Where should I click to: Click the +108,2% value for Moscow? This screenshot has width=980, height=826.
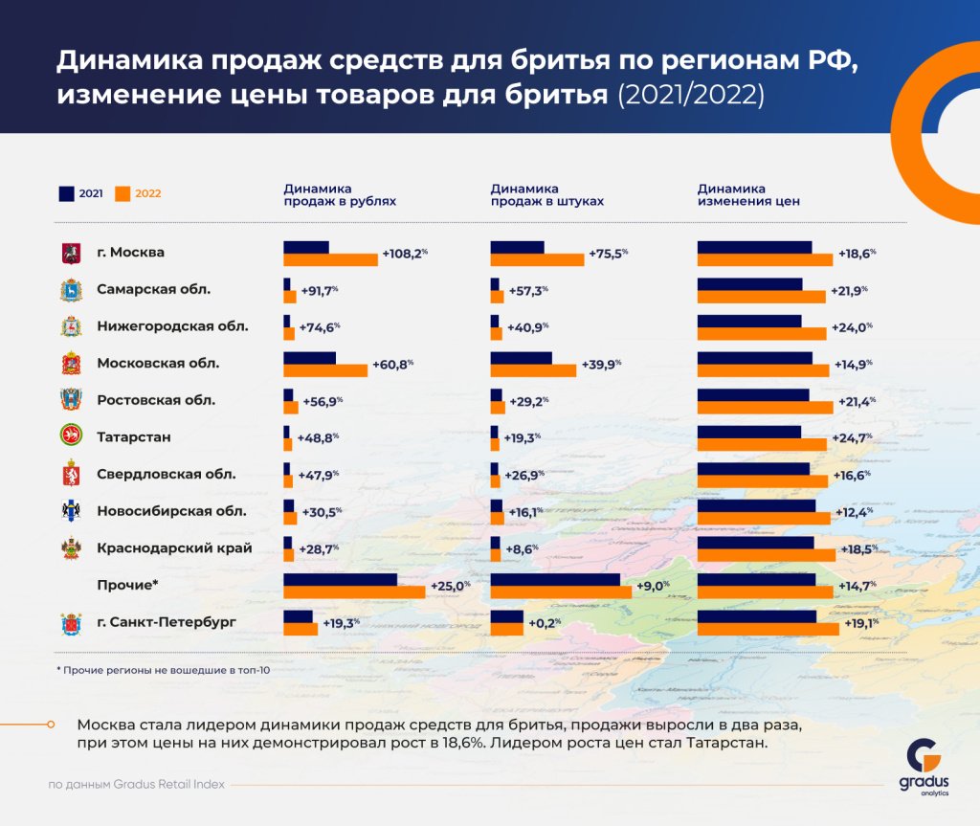tap(404, 254)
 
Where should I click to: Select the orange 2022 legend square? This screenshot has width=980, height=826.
tap(122, 193)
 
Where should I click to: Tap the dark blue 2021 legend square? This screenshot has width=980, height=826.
tap(67, 193)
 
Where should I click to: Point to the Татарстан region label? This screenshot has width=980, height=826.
tap(134, 436)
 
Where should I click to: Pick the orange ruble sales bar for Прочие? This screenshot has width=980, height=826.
tap(354, 592)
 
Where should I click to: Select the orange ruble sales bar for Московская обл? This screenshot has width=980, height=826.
tap(325, 370)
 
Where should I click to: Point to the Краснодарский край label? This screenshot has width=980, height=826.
tap(174, 548)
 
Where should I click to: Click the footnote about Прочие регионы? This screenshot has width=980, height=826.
tap(163, 670)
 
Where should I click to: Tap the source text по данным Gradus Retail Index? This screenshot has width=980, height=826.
tap(137, 785)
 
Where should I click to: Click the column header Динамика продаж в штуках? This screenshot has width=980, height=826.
tap(546, 195)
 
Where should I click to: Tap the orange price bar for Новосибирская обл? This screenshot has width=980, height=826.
tap(764, 518)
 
